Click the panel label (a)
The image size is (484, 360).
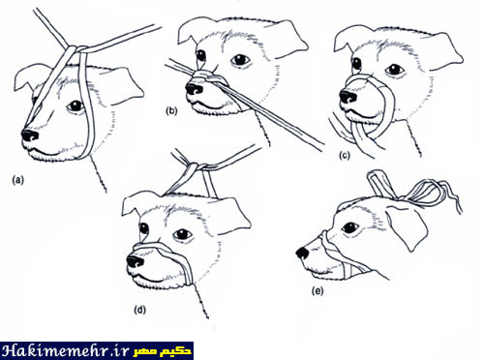[x=17, y=180]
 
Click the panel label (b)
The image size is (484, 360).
[x=171, y=111]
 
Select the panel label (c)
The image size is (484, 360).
[x=345, y=156]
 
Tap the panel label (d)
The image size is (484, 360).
[x=139, y=310]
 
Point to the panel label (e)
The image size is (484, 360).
[x=318, y=291]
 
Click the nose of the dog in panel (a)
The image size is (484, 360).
[x=30, y=135]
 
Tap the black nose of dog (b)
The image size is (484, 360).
[x=195, y=89]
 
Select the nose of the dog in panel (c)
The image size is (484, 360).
[x=348, y=97]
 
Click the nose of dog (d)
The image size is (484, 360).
[x=136, y=261]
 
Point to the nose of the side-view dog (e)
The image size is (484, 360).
[x=303, y=253]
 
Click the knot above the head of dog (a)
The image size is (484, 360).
[x=77, y=49]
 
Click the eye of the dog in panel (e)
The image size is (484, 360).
[x=349, y=227]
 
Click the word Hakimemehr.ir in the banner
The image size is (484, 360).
[x=65, y=351]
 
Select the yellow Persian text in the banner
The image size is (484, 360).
[x=163, y=351]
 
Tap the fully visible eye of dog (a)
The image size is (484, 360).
[x=76, y=106]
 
